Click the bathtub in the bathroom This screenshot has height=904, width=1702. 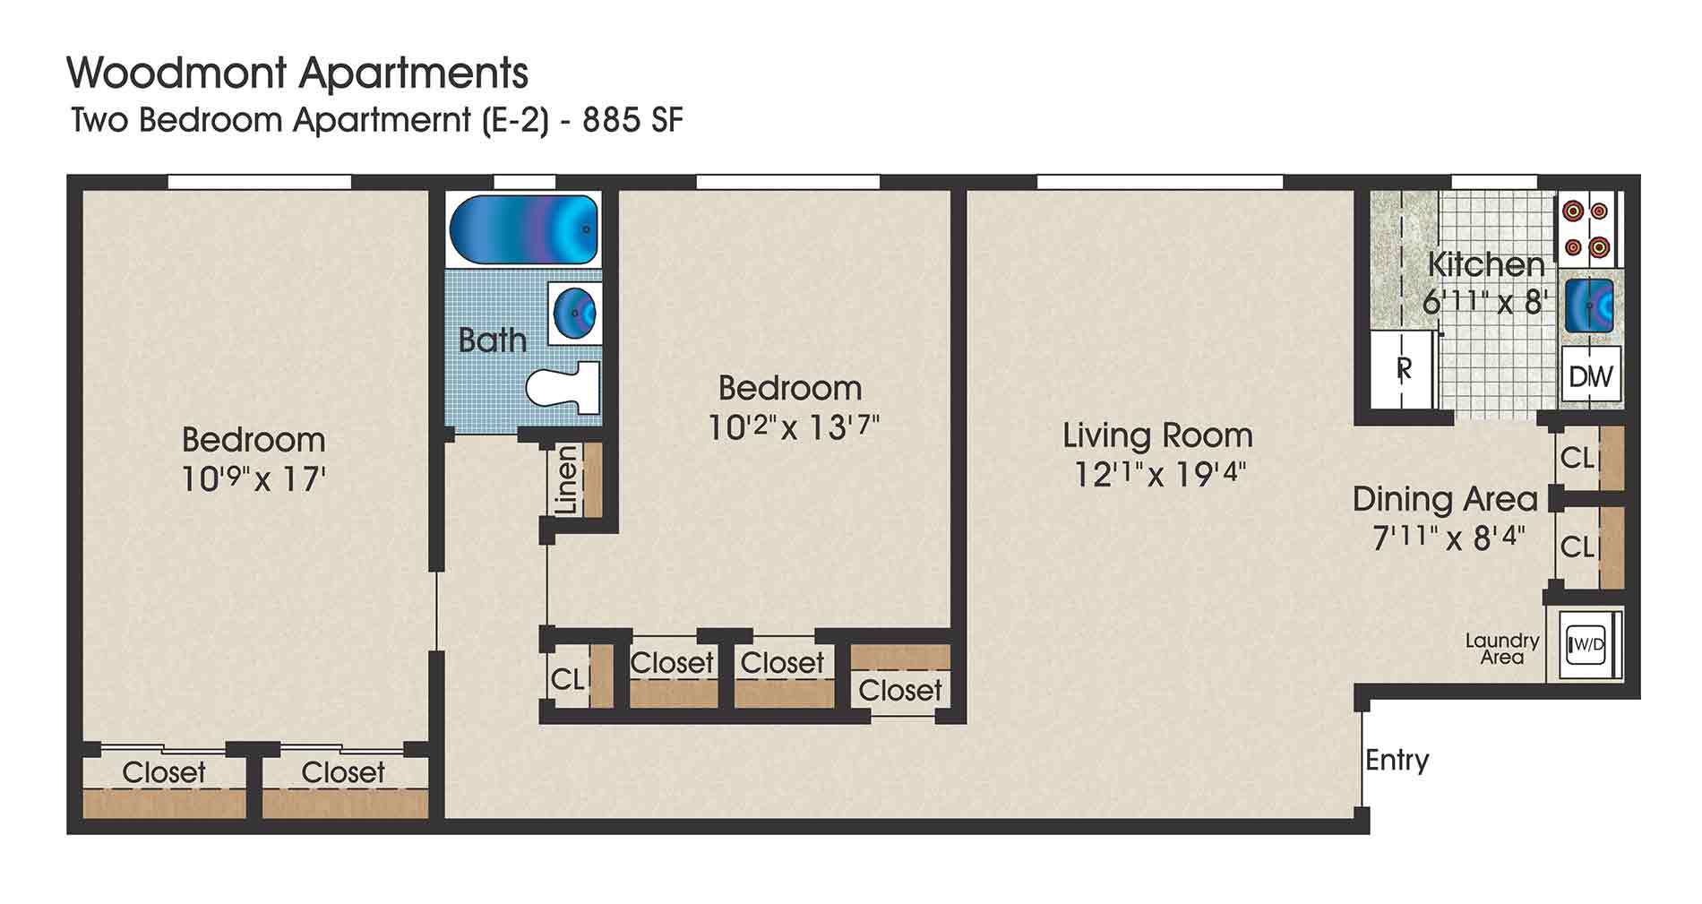(x=523, y=228)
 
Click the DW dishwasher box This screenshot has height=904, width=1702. (x=1591, y=375)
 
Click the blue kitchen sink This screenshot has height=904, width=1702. (x=1589, y=306)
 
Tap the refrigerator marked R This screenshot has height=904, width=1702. (x=1404, y=368)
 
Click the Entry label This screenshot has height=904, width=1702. (x=1397, y=760)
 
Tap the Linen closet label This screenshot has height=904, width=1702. (x=566, y=480)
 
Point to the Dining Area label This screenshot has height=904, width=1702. (x=1444, y=499)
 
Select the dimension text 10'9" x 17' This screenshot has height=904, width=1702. (x=253, y=479)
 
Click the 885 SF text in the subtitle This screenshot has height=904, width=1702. (x=632, y=120)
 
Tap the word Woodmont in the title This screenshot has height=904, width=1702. (x=176, y=73)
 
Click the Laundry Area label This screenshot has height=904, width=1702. (x=1501, y=649)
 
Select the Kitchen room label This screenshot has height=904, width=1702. (x=1486, y=264)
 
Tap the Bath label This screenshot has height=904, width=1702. (x=492, y=340)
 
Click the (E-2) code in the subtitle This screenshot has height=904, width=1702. (x=514, y=120)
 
